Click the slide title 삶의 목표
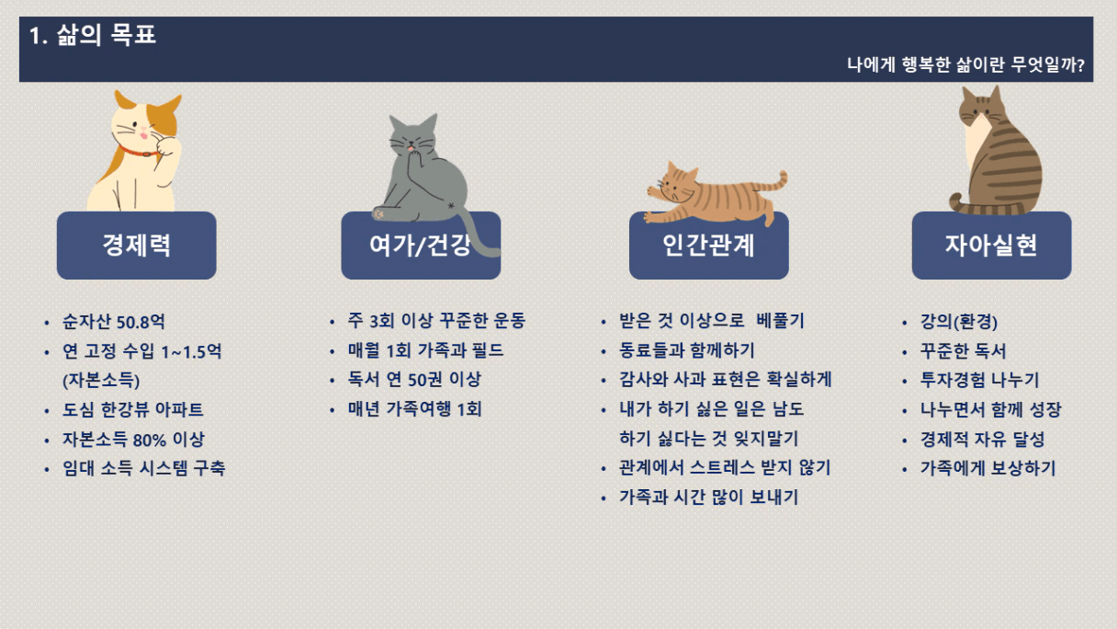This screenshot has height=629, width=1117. pyautogui.click(x=107, y=35)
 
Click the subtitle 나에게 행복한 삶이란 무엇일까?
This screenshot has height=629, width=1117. pyautogui.click(x=965, y=65)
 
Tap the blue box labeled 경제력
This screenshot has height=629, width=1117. pyautogui.click(x=137, y=246)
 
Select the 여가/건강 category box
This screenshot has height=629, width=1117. pyautogui.click(x=421, y=246)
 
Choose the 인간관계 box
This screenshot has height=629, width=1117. pyautogui.click(x=708, y=246)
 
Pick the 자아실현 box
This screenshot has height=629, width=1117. pyautogui.click(x=991, y=246)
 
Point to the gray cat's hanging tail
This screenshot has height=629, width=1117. pyautogui.click(x=475, y=234)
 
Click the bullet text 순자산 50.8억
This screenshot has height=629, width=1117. pyautogui.click(x=114, y=322)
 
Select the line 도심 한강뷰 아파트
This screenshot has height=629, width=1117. pyautogui.click(x=132, y=410)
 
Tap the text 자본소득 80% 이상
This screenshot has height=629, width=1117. pyautogui.click(x=133, y=440)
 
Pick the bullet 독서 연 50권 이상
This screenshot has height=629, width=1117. pyautogui.click(x=414, y=380)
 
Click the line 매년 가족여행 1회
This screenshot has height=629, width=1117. pyautogui.click(x=415, y=409)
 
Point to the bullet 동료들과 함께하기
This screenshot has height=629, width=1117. pyautogui.click(x=687, y=350)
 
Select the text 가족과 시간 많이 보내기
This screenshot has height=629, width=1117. pyautogui.click(x=708, y=497)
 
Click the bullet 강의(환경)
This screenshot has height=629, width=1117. pyautogui.click(x=959, y=322)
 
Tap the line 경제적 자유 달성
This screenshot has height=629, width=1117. pyautogui.click(x=982, y=440)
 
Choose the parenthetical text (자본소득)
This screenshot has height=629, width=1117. pyautogui.click(x=101, y=381)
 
